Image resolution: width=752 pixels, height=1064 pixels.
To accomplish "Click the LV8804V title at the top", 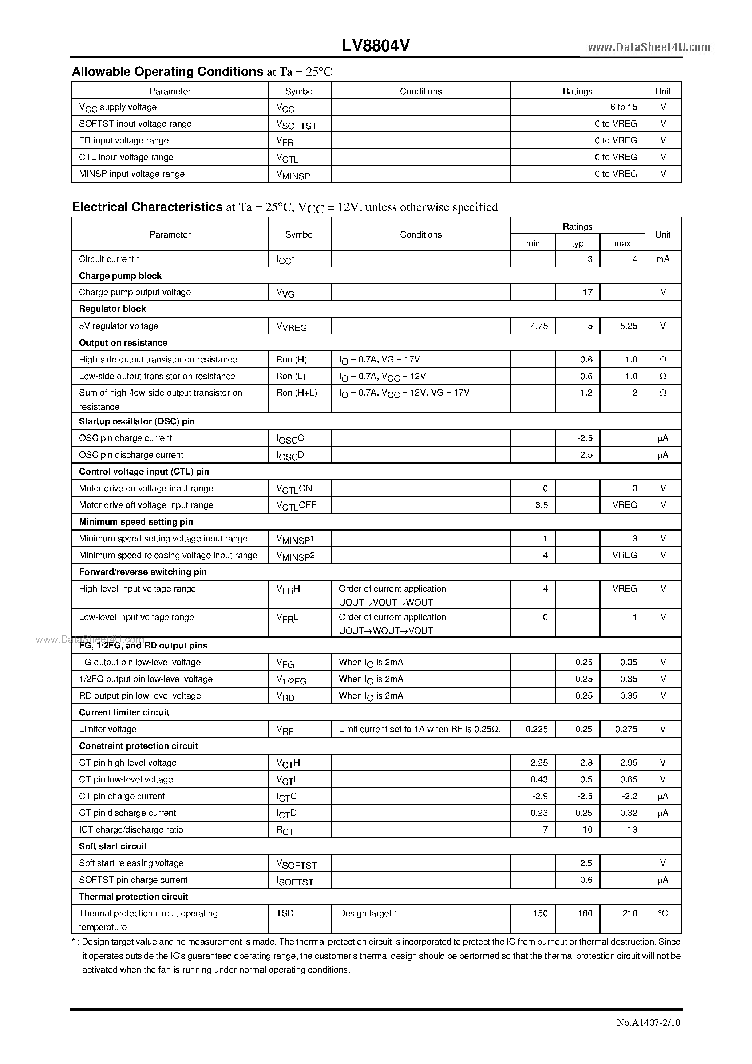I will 376,45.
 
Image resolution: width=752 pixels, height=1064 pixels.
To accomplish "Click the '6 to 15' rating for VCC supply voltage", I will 624,107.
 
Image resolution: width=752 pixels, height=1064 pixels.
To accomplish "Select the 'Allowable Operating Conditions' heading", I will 167,71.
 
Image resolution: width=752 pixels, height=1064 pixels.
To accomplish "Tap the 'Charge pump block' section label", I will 120,276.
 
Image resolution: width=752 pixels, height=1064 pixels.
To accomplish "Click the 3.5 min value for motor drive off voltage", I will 541,505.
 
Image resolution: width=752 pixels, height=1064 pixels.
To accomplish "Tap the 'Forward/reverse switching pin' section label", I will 143,572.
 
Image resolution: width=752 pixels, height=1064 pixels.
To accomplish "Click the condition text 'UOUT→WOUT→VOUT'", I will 386,631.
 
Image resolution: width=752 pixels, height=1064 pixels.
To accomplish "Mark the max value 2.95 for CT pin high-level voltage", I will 629,763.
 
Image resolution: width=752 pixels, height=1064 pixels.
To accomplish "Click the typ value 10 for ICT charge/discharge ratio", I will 587,830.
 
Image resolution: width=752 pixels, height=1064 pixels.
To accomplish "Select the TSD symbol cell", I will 285,913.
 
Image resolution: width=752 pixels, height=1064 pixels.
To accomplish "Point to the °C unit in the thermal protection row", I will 662,913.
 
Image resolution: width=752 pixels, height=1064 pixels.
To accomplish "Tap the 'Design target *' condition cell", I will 368,913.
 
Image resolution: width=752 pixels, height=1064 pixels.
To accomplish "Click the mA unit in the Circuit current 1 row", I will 662,259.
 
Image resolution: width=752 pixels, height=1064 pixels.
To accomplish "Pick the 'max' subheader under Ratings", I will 622,244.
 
